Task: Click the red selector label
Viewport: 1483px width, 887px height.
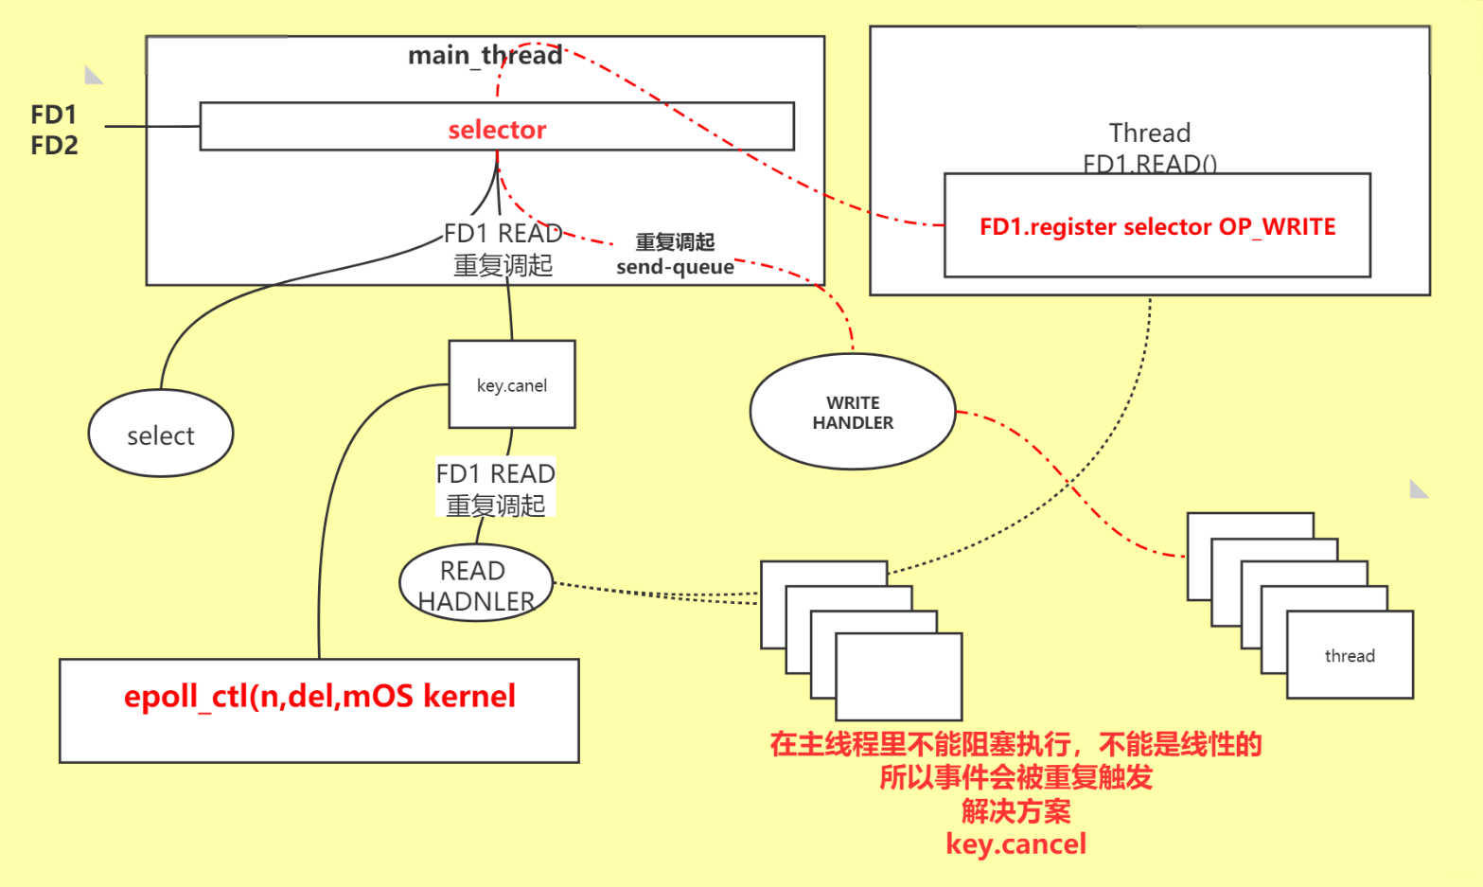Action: (497, 130)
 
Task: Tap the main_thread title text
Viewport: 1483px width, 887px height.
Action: (485, 56)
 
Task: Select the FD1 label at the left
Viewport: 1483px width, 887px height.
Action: (53, 115)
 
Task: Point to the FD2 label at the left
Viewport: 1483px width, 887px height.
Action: (54, 146)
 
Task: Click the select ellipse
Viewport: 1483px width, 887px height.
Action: (161, 435)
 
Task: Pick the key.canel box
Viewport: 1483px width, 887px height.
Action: (512, 385)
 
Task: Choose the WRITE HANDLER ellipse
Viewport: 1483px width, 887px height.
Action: (853, 413)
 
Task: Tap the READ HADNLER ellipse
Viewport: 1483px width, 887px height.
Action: (475, 585)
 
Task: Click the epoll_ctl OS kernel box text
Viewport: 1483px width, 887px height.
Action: (319, 697)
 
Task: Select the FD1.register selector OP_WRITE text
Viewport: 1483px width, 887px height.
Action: (1157, 227)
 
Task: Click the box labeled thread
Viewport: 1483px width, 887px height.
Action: (1350, 656)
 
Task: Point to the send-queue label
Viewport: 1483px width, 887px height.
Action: (675, 267)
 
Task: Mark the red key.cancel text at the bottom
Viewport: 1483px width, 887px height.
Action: (1015, 843)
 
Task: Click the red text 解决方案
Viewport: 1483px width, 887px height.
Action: (1015, 811)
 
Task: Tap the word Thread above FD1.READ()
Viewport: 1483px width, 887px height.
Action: (1149, 133)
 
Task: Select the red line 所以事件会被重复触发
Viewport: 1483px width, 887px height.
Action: (1015, 777)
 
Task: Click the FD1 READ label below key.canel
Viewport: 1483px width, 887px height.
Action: (495, 473)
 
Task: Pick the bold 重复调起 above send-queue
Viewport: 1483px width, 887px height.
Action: (675, 242)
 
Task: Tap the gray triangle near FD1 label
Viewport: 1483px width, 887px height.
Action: (92, 75)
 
